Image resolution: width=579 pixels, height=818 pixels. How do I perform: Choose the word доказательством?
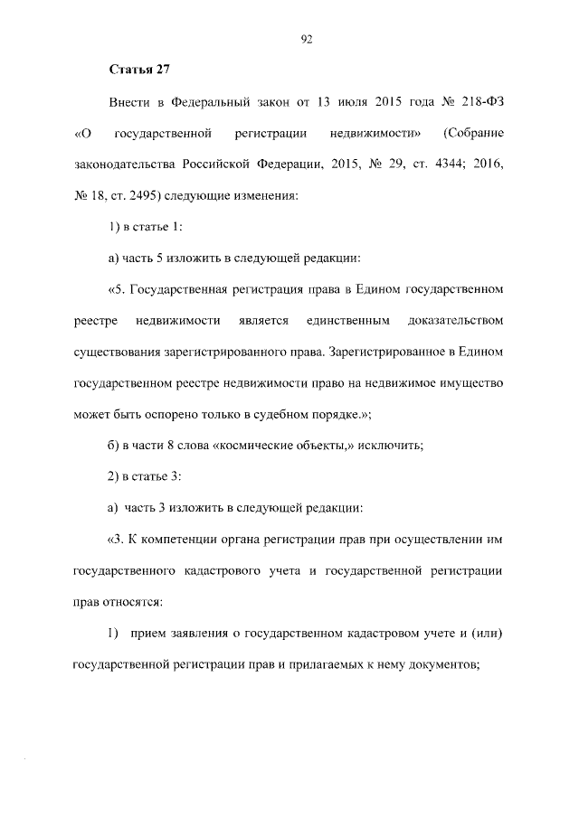[x=456, y=321]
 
